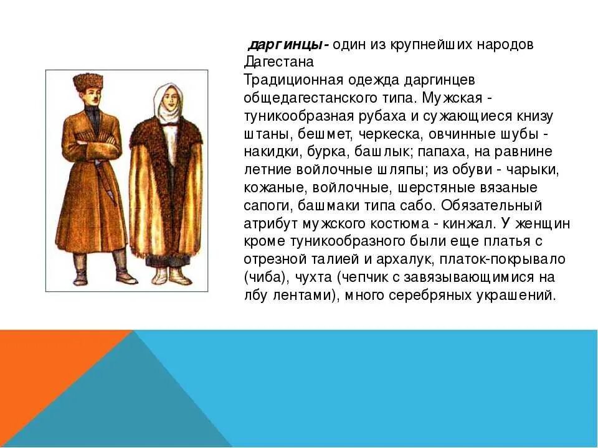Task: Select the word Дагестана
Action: tap(274, 62)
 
